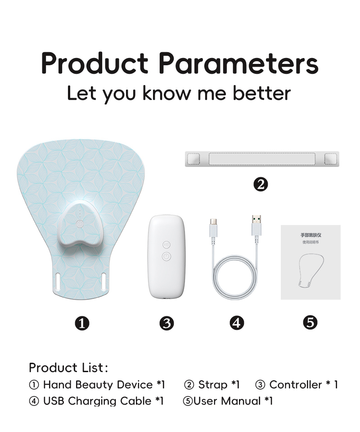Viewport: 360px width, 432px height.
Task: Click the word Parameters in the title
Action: [238, 63]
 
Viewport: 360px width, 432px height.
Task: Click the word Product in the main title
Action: [94, 63]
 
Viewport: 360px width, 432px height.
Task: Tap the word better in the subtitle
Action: [262, 93]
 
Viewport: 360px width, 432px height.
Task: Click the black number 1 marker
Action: [82, 323]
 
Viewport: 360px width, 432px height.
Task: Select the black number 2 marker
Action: [261, 184]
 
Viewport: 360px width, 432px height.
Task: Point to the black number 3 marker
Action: [166, 323]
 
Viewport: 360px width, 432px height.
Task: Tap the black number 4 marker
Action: [237, 323]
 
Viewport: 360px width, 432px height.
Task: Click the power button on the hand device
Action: [80, 224]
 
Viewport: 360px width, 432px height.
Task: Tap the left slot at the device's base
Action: [58, 281]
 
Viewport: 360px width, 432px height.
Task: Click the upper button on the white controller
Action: [166, 245]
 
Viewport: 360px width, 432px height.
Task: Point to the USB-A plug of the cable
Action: [256, 225]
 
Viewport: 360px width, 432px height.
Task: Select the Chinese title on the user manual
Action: [310, 235]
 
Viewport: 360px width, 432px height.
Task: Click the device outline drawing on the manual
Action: [311, 271]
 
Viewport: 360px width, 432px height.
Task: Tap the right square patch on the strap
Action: [331, 159]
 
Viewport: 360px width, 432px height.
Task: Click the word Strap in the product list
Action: [213, 385]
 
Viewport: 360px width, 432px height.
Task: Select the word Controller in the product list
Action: [296, 385]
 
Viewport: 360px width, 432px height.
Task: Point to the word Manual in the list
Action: [241, 401]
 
